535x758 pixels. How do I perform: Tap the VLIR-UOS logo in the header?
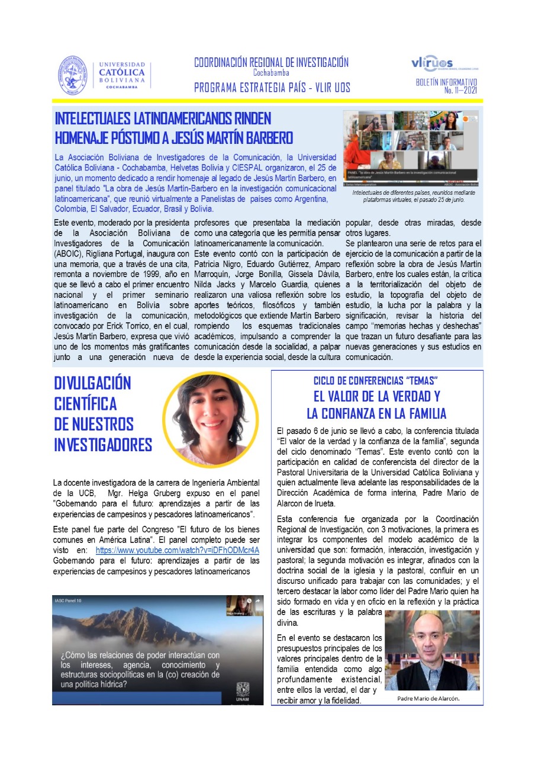(431, 63)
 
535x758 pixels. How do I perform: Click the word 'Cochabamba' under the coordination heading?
(271, 73)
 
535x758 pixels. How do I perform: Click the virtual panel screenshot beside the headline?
(411, 149)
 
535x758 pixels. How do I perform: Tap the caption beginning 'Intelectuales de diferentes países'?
(414, 196)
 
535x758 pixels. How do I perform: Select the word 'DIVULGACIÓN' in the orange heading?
(92, 383)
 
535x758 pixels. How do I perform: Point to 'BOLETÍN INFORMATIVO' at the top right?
(446, 82)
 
